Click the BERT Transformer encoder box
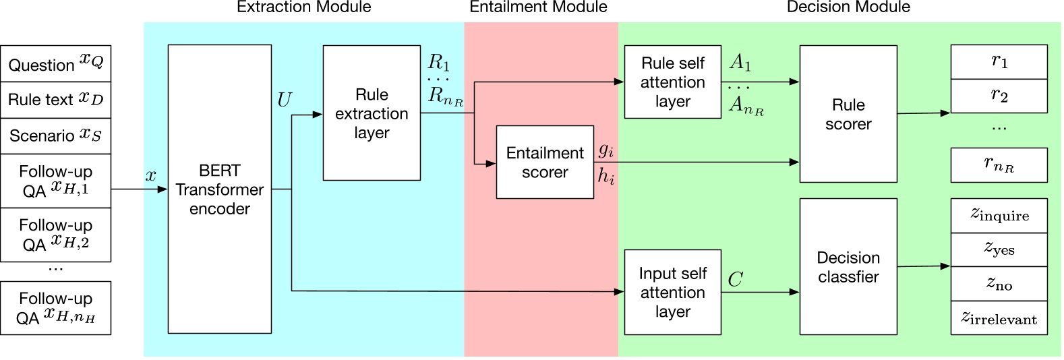click(x=219, y=189)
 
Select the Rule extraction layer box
click(x=372, y=113)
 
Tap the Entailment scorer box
click(x=545, y=162)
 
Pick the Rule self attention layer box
click(x=672, y=82)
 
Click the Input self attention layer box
click(x=672, y=292)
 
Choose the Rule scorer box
click(x=848, y=114)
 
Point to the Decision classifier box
click(x=848, y=267)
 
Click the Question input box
click(x=55, y=64)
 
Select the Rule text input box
click(x=55, y=100)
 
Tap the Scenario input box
click(x=55, y=136)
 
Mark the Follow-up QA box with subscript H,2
click(x=55, y=235)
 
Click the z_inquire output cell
click(x=999, y=215)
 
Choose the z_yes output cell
click(x=999, y=249)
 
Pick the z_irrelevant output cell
click(x=999, y=318)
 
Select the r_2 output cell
click(x=999, y=96)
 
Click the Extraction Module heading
click(x=303, y=7)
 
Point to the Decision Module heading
click(x=848, y=7)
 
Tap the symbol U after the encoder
click(x=284, y=100)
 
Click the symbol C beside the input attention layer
click(x=735, y=279)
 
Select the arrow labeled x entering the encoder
click(x=139, y=189)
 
